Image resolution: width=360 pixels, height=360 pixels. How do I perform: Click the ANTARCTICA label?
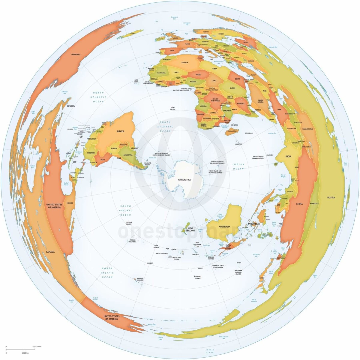(x=184, y=180)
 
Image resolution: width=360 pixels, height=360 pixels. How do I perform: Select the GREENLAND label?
(x=75, y=55)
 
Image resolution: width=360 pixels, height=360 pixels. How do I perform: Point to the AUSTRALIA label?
(x=224, y=226)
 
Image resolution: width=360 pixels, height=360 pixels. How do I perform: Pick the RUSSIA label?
(x=331, y=197)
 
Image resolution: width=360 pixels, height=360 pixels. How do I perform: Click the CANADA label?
(x=50, y=252)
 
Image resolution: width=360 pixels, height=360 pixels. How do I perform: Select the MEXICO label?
(x=70, y=203)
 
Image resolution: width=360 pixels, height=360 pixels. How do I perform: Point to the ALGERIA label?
(x=185, y=62)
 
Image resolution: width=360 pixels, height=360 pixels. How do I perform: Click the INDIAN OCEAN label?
(x=239, y=166)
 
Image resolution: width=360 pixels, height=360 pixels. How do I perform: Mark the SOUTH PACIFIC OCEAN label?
(x=126, y=211)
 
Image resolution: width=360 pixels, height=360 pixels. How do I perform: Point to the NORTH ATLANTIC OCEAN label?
(x=98, y=97)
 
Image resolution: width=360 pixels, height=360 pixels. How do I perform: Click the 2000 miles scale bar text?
(x=37, y=346)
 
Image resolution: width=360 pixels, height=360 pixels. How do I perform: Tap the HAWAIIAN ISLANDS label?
(x=139, y=279)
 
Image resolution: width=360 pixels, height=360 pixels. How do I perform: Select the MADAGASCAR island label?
(x=232, y=131)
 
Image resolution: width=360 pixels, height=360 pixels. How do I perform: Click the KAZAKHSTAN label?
(x=307, y=129)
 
